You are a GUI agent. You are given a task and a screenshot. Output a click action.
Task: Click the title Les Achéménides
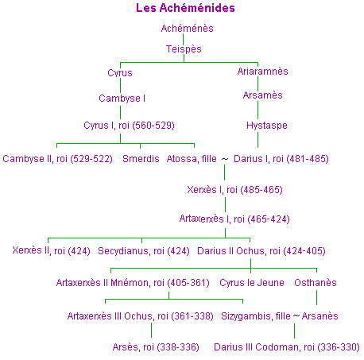point(185,8)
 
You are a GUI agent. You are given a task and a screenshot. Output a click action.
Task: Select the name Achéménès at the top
point(187,29)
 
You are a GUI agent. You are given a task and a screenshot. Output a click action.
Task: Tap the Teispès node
point(184,49)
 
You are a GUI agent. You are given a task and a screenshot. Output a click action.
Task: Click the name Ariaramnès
point(262,72)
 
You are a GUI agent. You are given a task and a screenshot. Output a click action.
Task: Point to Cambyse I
point(122,99)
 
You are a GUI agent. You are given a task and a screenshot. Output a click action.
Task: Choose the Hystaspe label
point(267,126)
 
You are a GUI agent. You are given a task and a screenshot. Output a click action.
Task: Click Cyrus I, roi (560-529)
point(129,126)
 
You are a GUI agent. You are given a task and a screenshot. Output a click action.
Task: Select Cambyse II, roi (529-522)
point(57,159)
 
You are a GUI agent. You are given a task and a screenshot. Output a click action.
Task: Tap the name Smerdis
point(141,159)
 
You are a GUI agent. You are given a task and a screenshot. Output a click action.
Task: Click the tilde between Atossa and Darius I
point(225,159)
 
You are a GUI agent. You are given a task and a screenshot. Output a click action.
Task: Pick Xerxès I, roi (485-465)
point(234,190)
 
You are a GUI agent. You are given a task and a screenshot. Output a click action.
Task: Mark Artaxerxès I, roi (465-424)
point(234,219)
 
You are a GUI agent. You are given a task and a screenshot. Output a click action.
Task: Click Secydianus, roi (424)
point(144,251)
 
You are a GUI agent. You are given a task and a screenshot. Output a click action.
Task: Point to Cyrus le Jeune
point(252,283)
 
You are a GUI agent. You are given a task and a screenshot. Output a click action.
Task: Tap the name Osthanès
point(316,283)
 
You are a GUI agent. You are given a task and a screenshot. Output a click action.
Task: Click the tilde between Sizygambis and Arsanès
point(296,315)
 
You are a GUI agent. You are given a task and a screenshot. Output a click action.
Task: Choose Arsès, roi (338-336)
point(156,347)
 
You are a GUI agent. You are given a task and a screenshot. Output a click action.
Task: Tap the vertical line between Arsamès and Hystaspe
point(258,110)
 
